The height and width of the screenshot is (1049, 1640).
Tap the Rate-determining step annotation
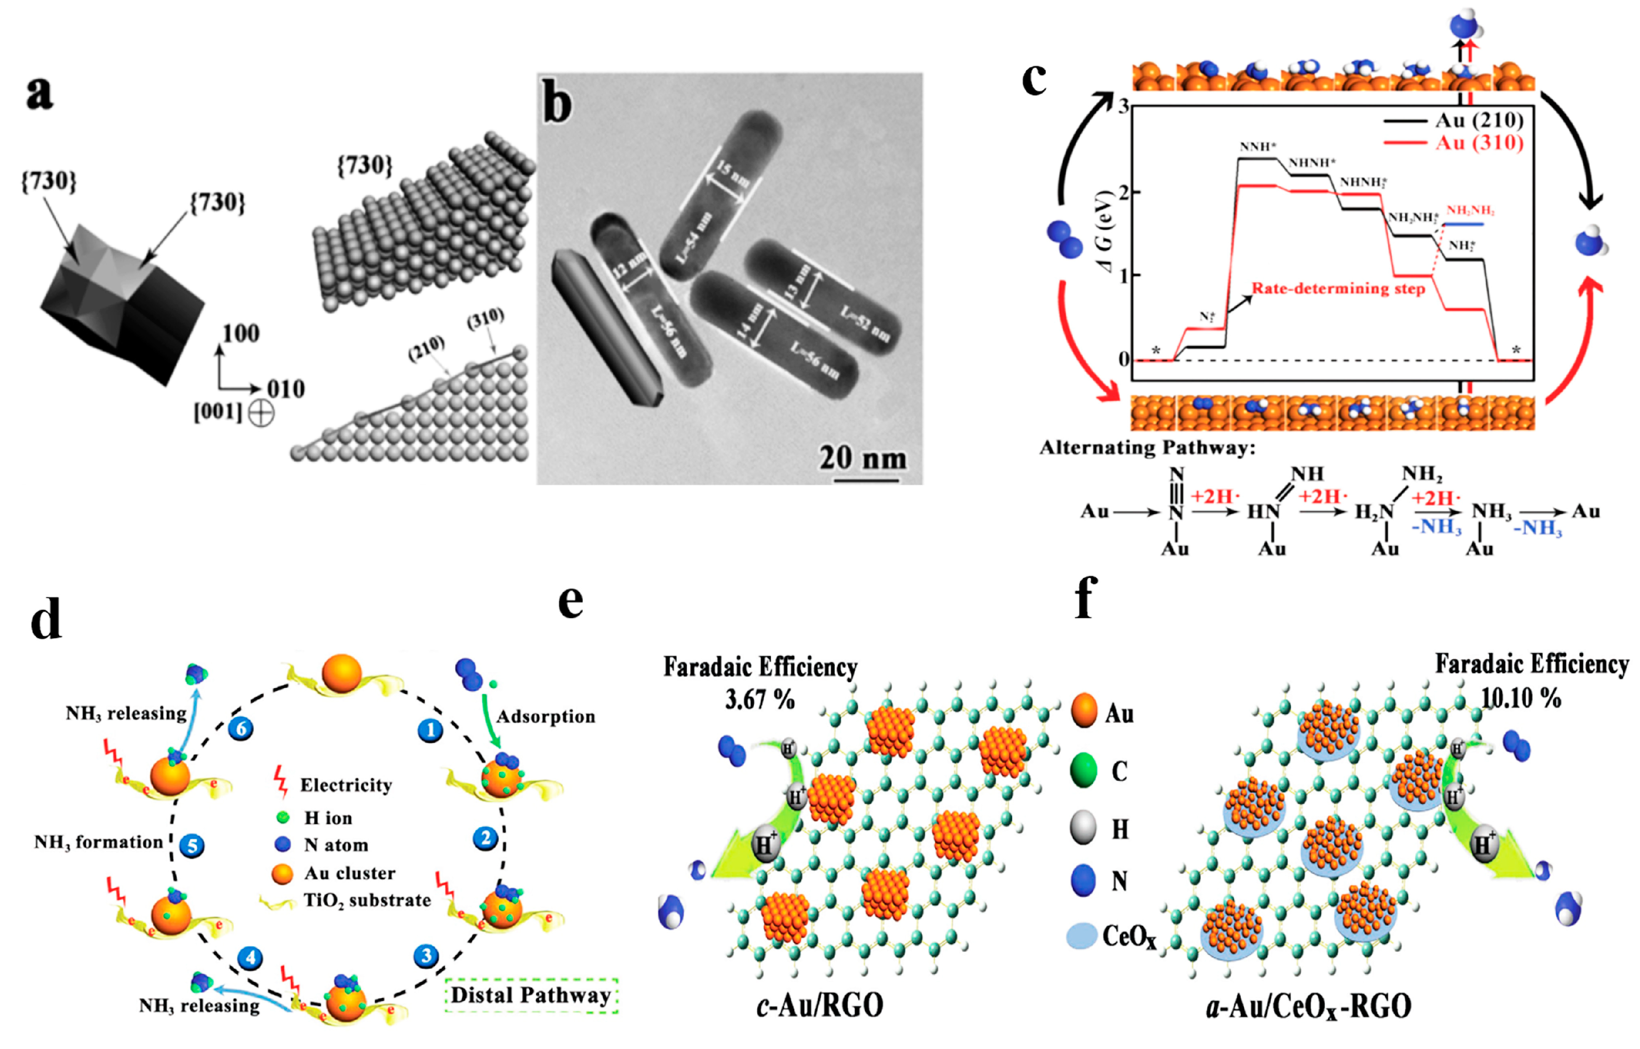[1338, 289]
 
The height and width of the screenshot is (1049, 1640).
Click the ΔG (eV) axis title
[1109, 232]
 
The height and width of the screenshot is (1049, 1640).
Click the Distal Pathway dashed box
[531, 995]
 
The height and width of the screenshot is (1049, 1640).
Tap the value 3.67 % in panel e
[759, 699]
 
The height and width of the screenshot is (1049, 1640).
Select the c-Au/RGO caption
[820, 1005]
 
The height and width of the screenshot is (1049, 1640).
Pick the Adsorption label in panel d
[545, 716]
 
